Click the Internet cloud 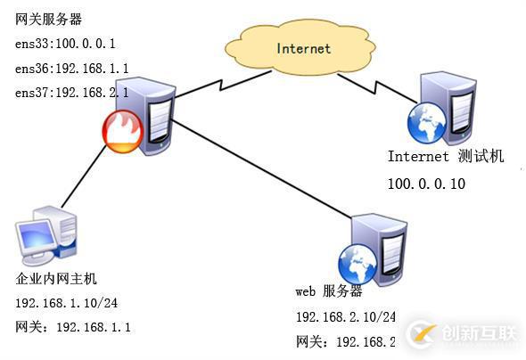click(302, 48)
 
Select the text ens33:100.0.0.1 click(65, 44)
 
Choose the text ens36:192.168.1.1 click(71, 68)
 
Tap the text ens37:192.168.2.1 click(71, 93)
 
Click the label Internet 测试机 click(445, 157)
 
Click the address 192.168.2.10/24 click(346, 317)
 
